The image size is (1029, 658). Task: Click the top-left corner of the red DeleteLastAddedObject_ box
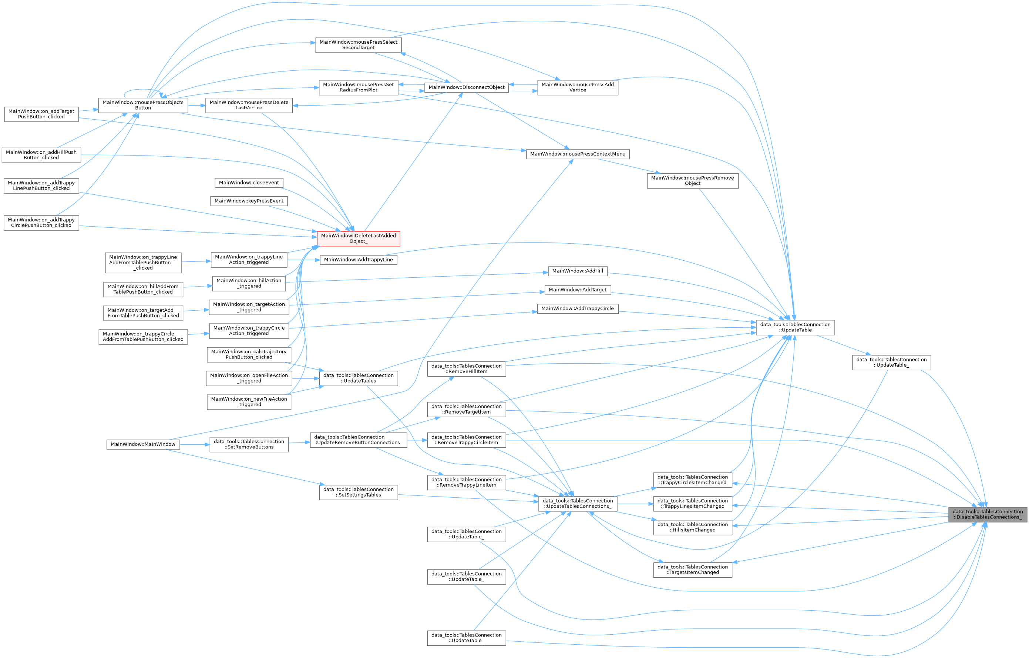pyautogui.click(x=317, y=231)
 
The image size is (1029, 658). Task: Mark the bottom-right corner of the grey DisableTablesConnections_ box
pyautogui.click(x=1027, y=522)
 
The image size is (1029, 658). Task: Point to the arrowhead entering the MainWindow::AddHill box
pyautogui.click(x=546, y=273)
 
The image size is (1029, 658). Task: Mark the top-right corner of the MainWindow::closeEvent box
pyautogui.click(x=283, y=178)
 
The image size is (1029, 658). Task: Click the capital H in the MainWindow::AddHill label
pyautogui.click(x=590, y=271)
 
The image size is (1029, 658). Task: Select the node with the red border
pyautogui.click(x=359, y=238)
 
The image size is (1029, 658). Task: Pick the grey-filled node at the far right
pyautogui.click(x=988, y=514)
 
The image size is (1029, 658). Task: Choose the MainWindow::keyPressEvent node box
pyautogui.click(x=249, y=201)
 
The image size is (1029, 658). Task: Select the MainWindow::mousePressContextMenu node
pyautogui.click(x=578, y=154)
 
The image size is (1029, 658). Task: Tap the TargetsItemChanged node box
pyautogui.click(x=693, y=570)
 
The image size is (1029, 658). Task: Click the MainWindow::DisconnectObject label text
pyautogui.click(x=467, y=88)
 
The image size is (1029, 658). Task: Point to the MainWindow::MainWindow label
pyautogui.click(x=143, y=445)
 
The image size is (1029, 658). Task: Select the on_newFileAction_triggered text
pyautogui.click(x=249, y=402)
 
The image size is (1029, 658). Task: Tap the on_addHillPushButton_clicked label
pyautogui.click(x=41, y=155)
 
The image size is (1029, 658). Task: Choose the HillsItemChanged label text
pyautogui.click(x=693, y=527)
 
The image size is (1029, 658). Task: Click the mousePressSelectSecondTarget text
pyautogui.click(x=359, y=45)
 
